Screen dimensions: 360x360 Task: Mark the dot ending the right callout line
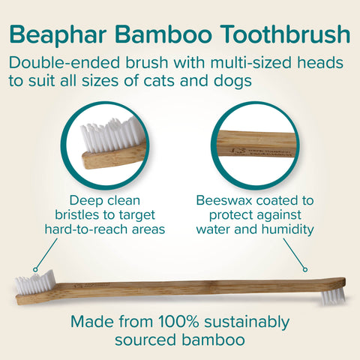304,268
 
